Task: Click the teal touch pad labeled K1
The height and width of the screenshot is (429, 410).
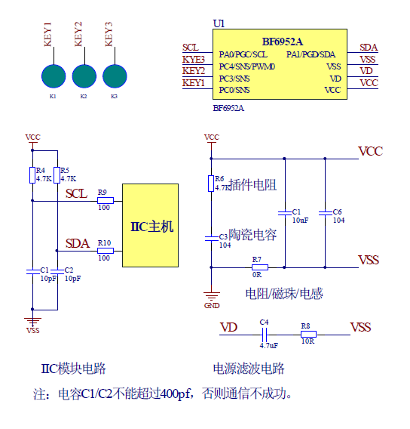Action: (x=54, y=76)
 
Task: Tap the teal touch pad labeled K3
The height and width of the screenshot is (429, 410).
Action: (x=115, y=76)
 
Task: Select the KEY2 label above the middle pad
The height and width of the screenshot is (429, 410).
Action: (x=78, y=34)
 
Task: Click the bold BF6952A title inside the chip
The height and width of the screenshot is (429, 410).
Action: (x=282, y=42)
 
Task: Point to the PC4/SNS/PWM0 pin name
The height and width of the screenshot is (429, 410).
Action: (x=247, y=66)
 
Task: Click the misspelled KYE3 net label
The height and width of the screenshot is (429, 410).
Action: (x=193, y=60)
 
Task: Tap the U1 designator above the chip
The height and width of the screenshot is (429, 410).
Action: (x=219, y=24)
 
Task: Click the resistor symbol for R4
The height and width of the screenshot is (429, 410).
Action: (x=32, y=175)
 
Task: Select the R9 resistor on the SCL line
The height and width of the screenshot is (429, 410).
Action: (x=106, y=201)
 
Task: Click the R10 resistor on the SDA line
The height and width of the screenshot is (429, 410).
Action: (x=106, y=251)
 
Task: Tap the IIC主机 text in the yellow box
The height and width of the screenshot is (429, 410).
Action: (x=151, y=227)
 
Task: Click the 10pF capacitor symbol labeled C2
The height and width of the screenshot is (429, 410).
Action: (x=57, y=271)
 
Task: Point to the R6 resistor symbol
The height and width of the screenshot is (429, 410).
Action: (x=211, y=184)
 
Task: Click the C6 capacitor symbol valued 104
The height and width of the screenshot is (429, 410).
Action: (x=325, y=213)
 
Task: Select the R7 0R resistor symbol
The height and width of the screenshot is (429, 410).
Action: (x=260, y=267)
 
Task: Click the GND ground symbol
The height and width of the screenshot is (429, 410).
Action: (x=212, y=296)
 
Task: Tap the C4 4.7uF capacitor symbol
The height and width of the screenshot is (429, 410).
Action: (x=265, y=335)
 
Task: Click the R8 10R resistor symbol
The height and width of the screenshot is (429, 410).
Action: (x=308, y=334)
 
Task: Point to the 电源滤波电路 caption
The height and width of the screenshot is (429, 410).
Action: (x=249, y=369)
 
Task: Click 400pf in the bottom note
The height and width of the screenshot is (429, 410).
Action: (x=174, y=394)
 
